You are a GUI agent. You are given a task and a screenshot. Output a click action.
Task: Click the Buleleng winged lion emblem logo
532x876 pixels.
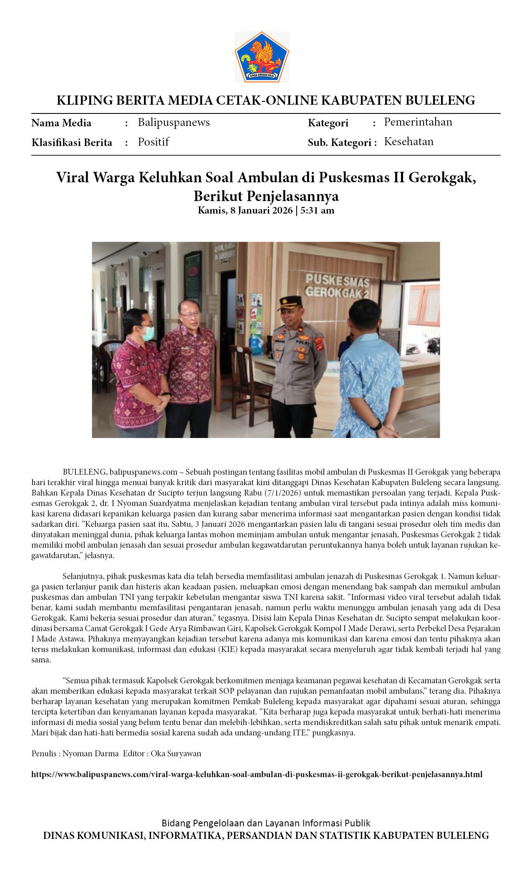(262, 57)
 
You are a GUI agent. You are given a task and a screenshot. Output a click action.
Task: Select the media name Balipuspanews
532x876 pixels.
(174, 123)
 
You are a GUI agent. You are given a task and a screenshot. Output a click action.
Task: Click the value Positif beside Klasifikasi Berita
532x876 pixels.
(153, 142)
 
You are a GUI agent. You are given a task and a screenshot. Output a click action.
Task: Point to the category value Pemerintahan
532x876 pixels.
(418, 122)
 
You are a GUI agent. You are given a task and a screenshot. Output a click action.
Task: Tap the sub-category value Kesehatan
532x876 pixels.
(408, 142)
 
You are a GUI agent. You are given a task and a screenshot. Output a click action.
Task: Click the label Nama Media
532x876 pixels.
(61, 123)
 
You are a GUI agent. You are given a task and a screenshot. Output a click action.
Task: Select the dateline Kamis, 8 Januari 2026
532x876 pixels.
(245, 210)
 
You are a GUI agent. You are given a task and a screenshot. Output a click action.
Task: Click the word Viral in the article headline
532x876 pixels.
(73, 178)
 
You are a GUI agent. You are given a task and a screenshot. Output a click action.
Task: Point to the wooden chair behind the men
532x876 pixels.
(246, 371)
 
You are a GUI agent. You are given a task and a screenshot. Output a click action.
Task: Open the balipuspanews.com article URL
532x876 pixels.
(257, 775)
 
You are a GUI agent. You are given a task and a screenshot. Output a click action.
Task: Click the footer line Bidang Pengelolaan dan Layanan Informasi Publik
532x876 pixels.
(266, 823)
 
